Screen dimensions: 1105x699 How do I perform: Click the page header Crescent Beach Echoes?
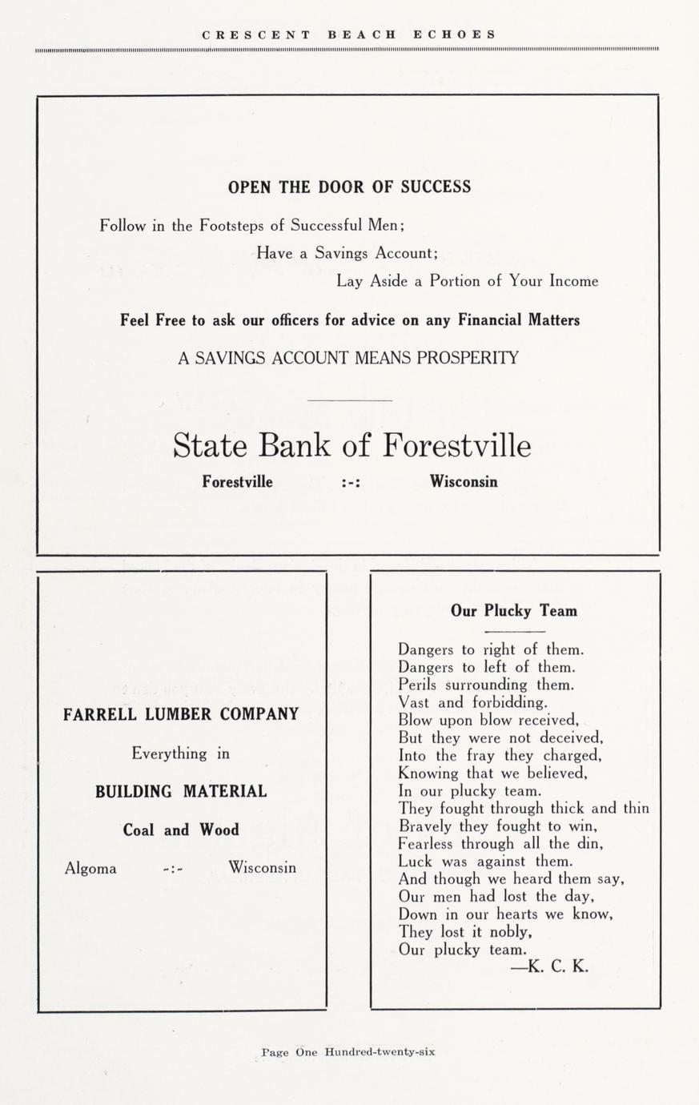[349, 34]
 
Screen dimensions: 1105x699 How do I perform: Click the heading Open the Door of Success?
[349, 187]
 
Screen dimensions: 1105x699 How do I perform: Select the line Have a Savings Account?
[347, 253]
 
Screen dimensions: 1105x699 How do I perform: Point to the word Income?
[573, 281]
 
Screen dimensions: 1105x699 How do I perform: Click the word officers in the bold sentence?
[292, 320]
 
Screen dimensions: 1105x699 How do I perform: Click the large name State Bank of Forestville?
[352, 446]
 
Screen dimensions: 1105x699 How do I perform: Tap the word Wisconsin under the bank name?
[463, 482]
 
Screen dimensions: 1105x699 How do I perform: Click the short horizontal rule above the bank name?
[349, 400]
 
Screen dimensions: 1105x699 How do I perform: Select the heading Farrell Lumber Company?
[181, 714]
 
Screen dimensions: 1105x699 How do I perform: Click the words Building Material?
[181, 792]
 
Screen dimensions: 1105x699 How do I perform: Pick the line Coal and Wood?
[181, 830]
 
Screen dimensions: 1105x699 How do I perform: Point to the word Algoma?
[90, 868]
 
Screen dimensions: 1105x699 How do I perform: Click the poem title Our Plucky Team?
[513, 612]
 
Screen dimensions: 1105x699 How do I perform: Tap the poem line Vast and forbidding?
[472, 703]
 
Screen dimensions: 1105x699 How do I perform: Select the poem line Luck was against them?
[485, 862]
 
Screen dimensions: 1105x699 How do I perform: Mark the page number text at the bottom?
[348, 1052]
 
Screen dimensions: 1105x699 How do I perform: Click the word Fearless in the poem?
[426, 844]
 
